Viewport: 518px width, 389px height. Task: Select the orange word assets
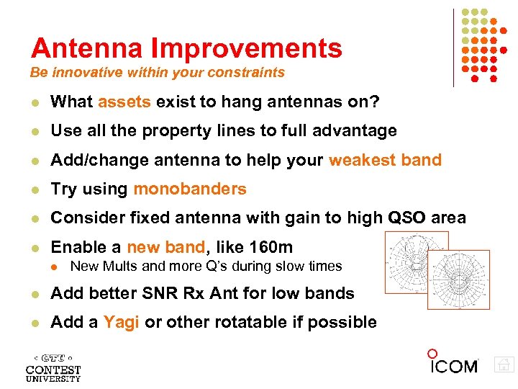[x=124, y=102]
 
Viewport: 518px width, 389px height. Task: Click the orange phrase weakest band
[x=385, y=160]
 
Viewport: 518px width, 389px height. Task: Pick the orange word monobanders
[x=190, y=189]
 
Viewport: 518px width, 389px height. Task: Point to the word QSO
[x=407, y=218]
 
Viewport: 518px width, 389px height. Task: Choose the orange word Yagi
[x=122, y=322]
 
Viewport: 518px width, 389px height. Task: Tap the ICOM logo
[x=453, y=363]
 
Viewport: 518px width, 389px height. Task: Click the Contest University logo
[x=53, y=367]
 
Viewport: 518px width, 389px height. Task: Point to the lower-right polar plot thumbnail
[x=458, y=280]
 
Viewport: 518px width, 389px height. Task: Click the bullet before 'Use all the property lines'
[x=34, y=132]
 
